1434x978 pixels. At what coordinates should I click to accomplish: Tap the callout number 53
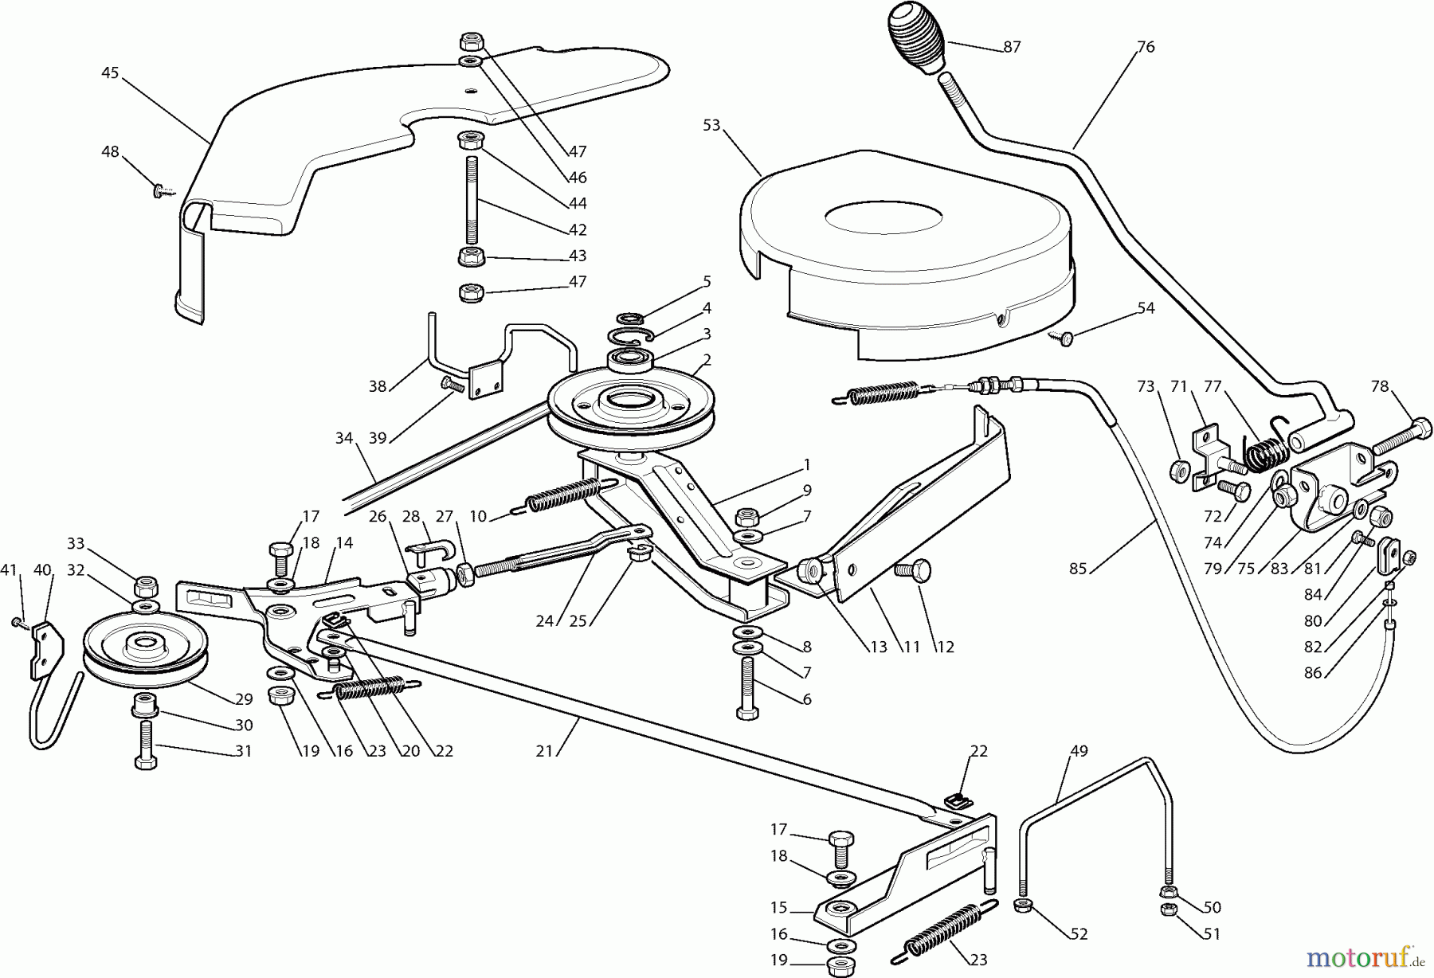point(711,125)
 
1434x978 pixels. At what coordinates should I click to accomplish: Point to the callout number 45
point(110,72)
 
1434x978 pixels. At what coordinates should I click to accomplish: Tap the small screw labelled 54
point(1061,338)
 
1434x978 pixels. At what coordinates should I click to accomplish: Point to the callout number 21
point(544,751)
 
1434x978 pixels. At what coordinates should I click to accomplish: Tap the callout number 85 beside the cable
point(1078,569)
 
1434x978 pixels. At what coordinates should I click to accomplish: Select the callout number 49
point(1079,750)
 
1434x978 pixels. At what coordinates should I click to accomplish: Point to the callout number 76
point(1145,46)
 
